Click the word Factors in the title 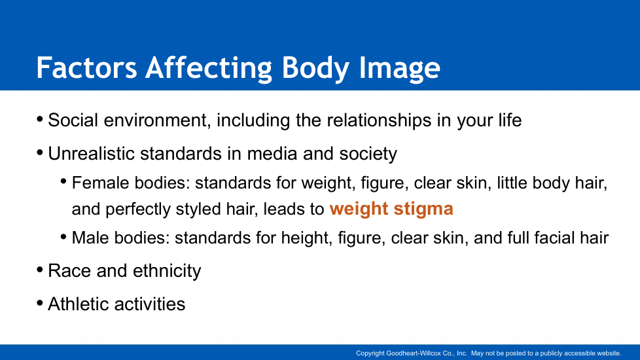coord(86,68)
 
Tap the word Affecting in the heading coord(209,68)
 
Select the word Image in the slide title coord(399,68)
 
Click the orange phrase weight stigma coord(391,209)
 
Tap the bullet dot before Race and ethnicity coord(40,270)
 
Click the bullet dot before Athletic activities coord(40,303)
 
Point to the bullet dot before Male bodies coord(63,237)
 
